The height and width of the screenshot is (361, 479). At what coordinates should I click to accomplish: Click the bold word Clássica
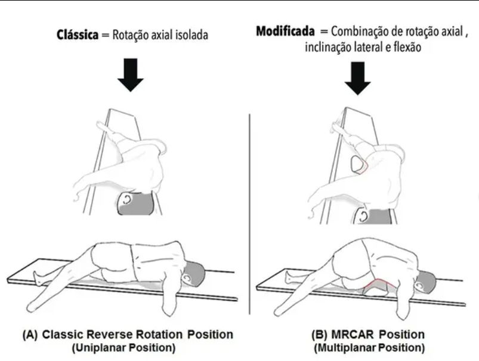(78, 35)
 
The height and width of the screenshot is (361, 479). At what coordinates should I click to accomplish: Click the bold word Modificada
(285, 31)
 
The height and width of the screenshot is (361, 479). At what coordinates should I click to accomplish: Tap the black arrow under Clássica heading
(131, 75)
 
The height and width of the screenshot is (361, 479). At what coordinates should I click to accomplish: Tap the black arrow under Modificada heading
(358, 78)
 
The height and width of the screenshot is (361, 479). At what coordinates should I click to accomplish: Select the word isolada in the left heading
(191, 35)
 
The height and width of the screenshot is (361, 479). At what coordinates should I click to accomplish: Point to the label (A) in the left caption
(30, 334)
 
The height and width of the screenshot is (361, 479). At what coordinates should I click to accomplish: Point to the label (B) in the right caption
(319, 334)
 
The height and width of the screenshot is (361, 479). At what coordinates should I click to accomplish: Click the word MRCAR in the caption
(353, 334)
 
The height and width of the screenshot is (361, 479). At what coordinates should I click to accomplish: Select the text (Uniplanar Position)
(123, 347)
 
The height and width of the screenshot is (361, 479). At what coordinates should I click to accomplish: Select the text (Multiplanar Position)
(369, 347)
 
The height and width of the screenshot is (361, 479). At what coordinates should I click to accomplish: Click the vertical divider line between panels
(249, 214)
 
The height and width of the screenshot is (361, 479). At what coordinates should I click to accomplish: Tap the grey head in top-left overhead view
(135, 203)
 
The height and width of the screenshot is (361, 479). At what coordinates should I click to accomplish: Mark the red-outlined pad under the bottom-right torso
(376, 288)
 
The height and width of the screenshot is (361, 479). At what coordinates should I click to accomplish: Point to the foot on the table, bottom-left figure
(38, 277)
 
